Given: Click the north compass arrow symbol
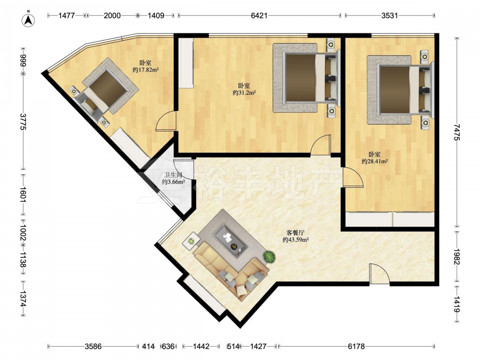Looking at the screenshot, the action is [x=28, y=20].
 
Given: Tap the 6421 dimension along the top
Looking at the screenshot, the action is [x=259, y=15].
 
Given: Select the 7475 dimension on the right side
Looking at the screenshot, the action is [x=457, y=132].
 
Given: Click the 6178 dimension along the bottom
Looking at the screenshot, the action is [x=356, y=346].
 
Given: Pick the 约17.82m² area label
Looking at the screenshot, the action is [x=145, y=70].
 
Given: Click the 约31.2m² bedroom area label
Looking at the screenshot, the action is [x=244, y=93].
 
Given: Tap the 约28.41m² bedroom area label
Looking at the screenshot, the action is [x=375, y=161].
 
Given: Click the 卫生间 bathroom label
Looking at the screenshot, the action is [x=173, y=175].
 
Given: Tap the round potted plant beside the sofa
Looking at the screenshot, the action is [x=269, y=256].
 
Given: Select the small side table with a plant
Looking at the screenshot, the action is [x=191, y=241].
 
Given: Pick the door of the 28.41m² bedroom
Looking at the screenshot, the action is [x=353, y=177].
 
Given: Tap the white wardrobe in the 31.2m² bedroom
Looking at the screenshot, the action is [x=186, y=63].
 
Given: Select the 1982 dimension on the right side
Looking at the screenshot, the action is [x=457, y=257].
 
